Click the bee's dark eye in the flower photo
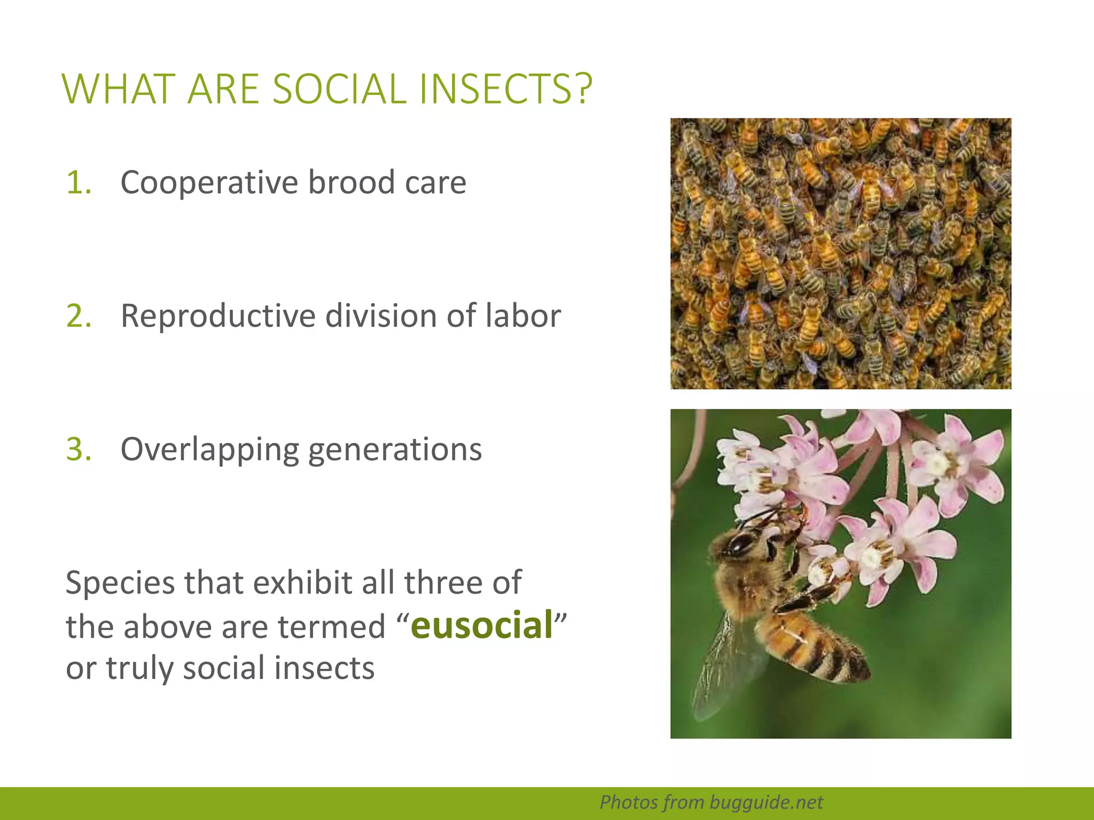point(740,544)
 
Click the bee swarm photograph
point(840,254)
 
